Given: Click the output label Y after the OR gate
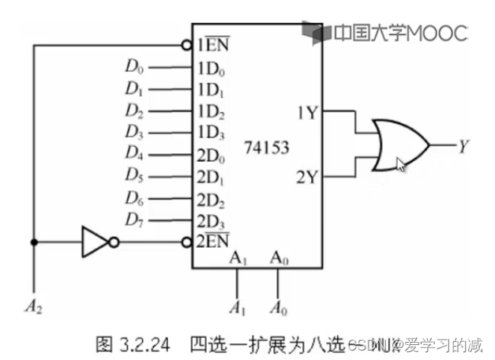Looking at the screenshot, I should coord(464,145).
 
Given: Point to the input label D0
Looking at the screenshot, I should coord(133,66).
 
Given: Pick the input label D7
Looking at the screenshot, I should coord(133,218).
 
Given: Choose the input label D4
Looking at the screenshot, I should coord(133,152).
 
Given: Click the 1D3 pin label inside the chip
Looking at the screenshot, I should coord(212,131).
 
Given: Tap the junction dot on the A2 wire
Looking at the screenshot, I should coord(33,242).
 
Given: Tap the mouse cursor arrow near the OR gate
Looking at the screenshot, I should coord(402,165).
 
